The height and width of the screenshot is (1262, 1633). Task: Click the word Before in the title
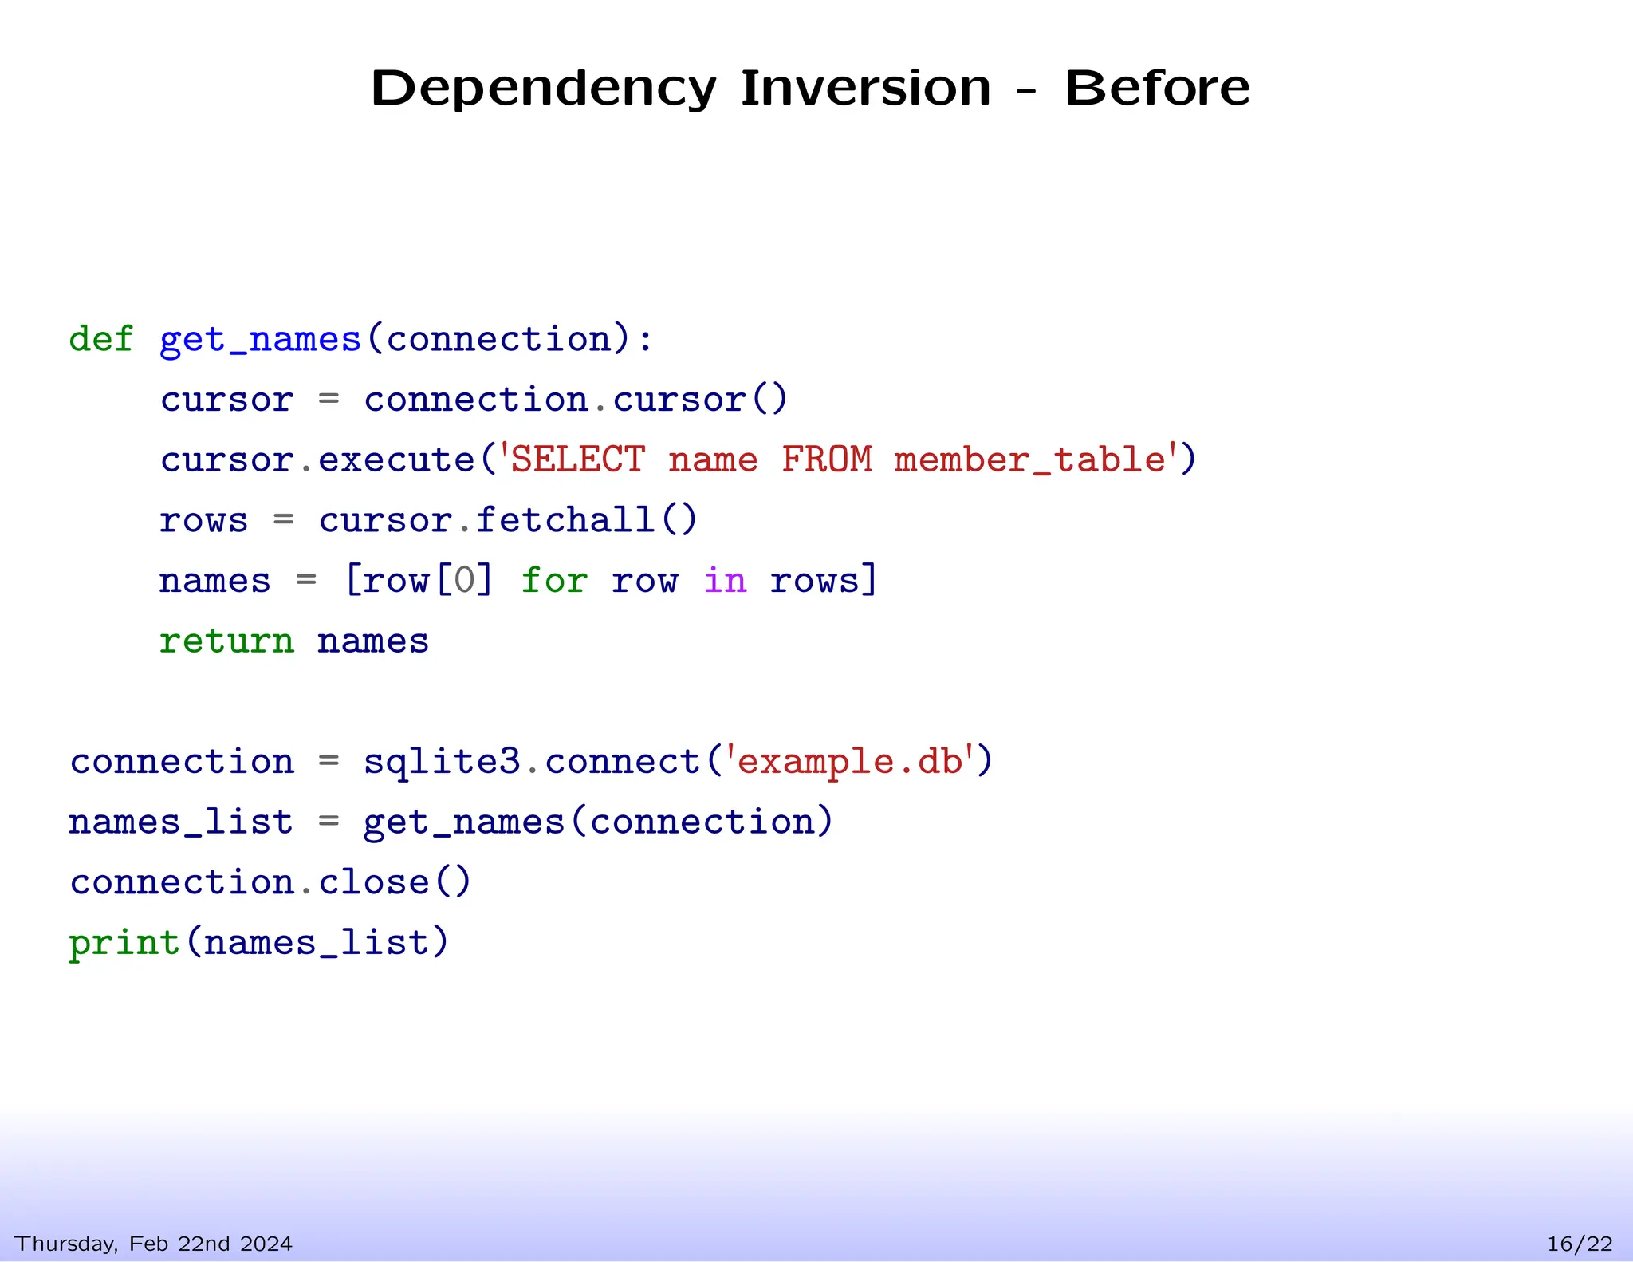pyautogui.click(x=1157, y=88)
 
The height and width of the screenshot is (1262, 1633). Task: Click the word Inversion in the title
pyautogui.click(x=866, y=88)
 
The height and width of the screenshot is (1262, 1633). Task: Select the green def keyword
pyautogui.click(x=100, y=339)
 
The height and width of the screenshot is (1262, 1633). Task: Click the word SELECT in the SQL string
pyautogui.click(x=577, y=459)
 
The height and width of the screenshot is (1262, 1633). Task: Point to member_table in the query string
pyautogui.click(x=1029, y=460)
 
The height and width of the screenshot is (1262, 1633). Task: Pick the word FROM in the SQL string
pyautogui.click(x=827, y=459)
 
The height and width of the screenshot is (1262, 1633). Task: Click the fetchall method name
pyautogui.click(x=566, y=520)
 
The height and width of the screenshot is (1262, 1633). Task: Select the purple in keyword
pyautogui.click(x=725, y=580)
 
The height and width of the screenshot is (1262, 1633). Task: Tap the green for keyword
pyautogui.click(x=554, y=580)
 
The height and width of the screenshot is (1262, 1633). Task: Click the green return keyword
pyautogui.click(x=226, y=641)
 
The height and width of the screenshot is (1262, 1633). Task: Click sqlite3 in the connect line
pyautogui.click(x=442, y=762)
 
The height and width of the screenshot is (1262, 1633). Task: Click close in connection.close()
pyautogui.click(x=374, y=882)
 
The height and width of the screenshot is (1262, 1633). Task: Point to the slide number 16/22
pyautogui.click(x=1580, y=1244)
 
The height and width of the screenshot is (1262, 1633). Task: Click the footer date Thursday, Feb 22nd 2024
pyautogui.click(x=154, y=1244)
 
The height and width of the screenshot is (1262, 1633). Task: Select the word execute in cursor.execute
pyautogui.click(x=396, y=460)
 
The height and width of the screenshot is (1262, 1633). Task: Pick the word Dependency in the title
pyautogui.click(x=543, y=89)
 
